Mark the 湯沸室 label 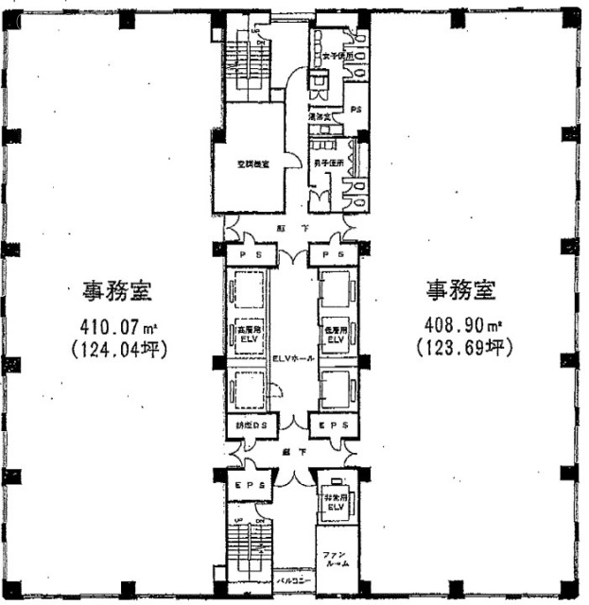321,117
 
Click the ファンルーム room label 336,559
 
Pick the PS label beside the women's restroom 355,110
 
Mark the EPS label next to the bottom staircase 248,485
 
